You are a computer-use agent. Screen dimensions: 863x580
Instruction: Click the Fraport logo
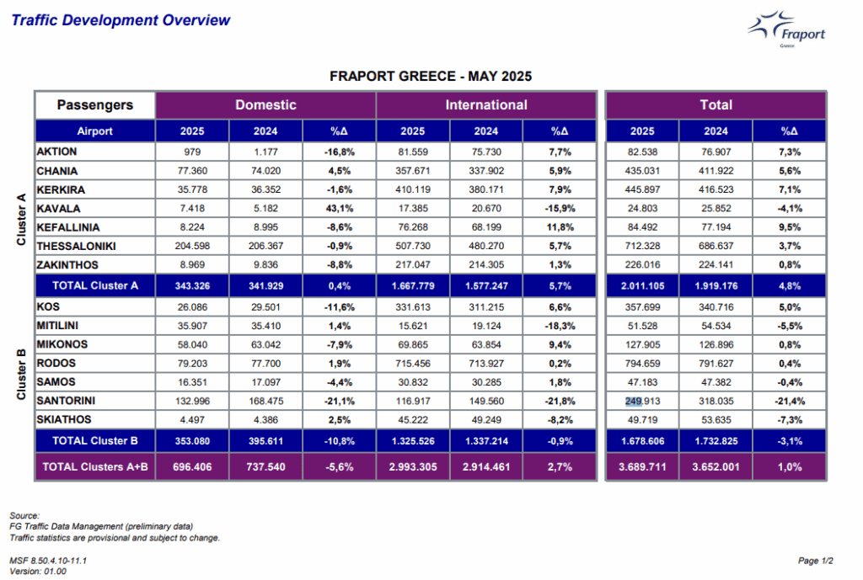786,29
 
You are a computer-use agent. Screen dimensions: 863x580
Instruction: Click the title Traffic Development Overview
121,20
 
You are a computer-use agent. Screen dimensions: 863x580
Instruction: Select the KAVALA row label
58,209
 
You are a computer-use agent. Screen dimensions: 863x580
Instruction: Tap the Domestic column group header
265,105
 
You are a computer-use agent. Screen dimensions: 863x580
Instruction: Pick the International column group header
486,105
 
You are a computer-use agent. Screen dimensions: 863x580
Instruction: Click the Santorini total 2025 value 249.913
642,402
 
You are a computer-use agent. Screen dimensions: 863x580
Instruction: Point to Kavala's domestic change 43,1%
339,209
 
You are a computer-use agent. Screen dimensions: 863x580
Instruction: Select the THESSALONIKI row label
76,247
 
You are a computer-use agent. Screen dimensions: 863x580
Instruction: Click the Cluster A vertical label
21,220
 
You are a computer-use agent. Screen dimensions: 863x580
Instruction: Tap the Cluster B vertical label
21,375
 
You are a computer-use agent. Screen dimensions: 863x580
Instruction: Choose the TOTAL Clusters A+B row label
95,466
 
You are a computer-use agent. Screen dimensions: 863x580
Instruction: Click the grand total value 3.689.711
642,466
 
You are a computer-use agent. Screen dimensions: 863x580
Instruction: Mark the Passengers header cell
95,105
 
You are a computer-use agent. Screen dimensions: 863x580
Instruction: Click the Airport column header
94,131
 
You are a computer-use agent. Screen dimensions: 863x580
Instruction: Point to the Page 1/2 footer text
816,561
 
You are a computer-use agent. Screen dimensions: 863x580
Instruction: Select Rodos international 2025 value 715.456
413,364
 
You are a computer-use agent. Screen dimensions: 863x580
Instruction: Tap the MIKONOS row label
62,344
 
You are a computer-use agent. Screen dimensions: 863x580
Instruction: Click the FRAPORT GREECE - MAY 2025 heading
431,77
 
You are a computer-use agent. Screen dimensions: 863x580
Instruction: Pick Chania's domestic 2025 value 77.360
192,171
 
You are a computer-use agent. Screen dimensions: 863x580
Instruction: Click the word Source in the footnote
24,516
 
